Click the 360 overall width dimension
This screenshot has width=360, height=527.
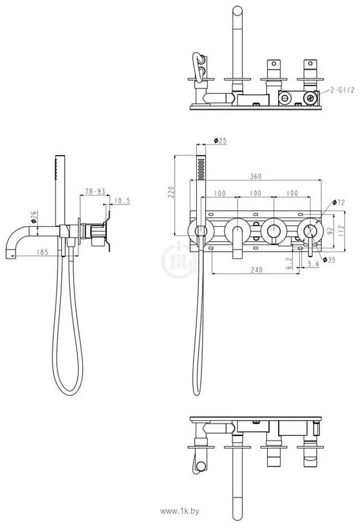(x=255, y=178)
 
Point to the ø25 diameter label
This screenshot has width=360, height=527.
(x=220, y=140)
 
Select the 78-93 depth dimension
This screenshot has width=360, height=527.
(x=94, y=191)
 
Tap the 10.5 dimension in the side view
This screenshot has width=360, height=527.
(x=122, y=200)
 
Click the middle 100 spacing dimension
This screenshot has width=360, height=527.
(x=255, y=193)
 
